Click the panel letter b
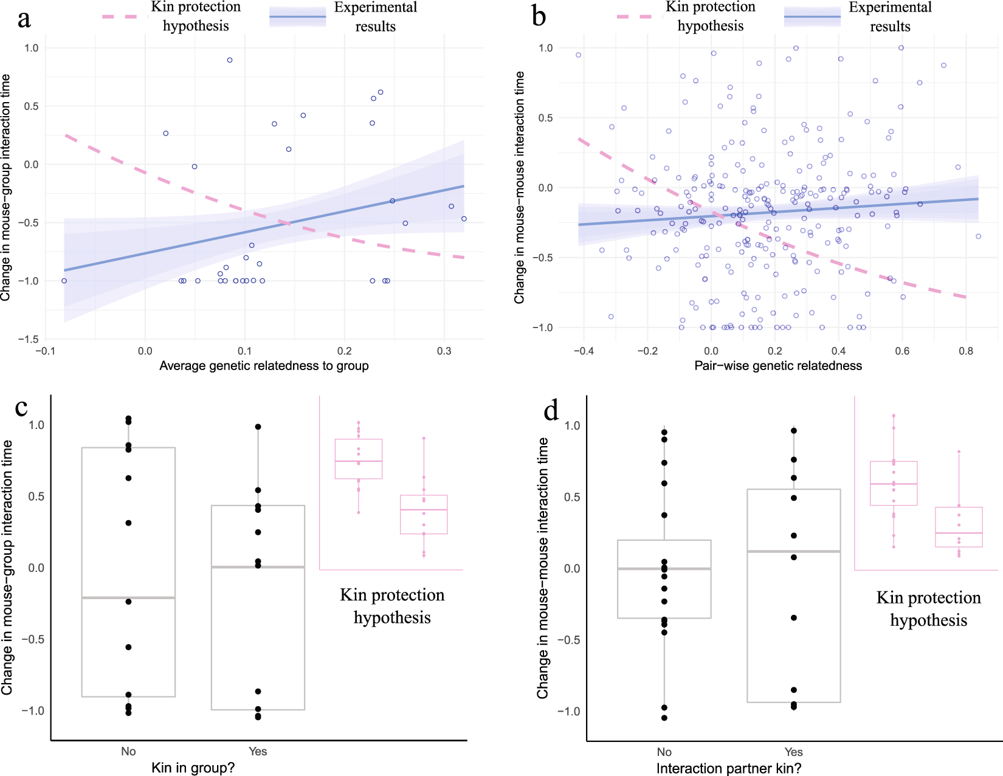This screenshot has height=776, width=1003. [539, 16]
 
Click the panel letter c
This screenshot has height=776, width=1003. [21, 407]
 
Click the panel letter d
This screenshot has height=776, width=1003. [551, 411]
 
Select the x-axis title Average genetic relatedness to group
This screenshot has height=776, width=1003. [264, 366]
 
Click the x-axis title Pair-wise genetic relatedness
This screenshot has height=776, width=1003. [778, 366]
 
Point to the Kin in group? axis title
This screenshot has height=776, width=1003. [193, 768]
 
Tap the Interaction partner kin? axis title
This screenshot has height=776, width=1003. [728, 769]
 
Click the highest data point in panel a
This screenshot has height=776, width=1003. [230, 60]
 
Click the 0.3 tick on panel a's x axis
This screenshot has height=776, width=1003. [444, 351]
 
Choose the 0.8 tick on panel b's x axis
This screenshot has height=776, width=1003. [966, 351]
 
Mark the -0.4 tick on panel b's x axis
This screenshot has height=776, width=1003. [584, 351]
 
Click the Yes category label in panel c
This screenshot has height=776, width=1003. [258, 752]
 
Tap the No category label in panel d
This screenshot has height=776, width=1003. [664, 752]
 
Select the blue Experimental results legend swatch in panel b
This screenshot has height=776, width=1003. [812, 17]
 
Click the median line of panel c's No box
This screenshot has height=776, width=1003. [128, 598]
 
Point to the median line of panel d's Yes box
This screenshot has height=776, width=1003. [793, 551]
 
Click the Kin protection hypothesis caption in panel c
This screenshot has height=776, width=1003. [392, 606]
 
